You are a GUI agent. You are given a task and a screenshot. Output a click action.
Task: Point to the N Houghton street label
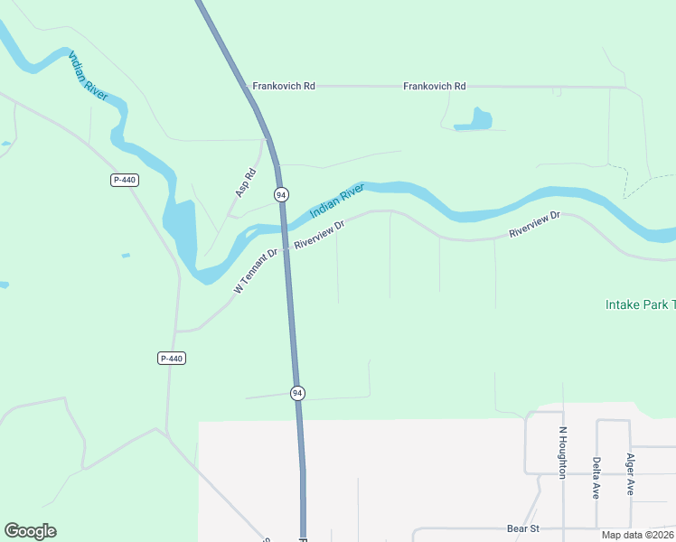561,452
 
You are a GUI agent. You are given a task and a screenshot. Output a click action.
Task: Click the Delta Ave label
596,478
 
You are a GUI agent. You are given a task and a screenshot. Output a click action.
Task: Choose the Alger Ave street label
631,474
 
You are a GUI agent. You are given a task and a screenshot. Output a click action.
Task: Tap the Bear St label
522,528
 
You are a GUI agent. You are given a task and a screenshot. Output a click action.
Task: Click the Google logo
30,531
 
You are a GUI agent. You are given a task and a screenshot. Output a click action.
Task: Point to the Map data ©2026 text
636,535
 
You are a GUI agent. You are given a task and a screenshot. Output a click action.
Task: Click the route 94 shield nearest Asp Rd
281,195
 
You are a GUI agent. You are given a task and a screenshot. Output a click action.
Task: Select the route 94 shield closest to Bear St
297,393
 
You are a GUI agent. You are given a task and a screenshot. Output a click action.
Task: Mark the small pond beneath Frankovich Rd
473,119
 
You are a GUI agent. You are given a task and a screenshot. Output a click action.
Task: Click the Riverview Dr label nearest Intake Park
535,225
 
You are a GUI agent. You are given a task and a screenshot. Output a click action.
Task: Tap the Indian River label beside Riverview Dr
336,201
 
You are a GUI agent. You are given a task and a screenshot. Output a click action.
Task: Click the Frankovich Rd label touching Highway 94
284,86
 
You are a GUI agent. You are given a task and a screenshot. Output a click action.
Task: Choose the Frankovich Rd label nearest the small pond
434,86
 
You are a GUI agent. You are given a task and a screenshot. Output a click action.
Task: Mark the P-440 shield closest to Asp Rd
125,180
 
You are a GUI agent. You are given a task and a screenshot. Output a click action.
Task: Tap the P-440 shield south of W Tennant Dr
171,359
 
